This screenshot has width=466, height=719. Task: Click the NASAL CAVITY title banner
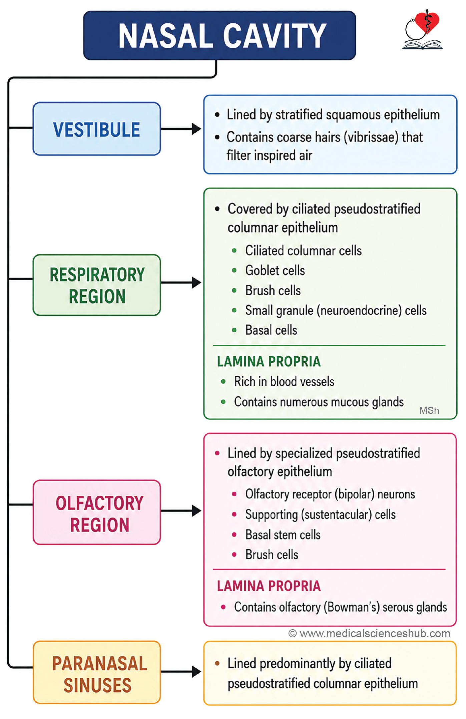coord(219,35)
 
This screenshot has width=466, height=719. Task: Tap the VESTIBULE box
coord(97,129)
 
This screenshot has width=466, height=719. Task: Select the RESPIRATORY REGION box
coord(97,285)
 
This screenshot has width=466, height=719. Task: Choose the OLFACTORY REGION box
coord(97,512)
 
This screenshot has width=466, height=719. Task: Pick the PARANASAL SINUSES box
coord(97,672)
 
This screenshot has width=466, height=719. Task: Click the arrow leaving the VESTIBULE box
coord(181,129)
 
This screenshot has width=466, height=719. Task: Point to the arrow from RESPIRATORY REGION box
coord(181,283)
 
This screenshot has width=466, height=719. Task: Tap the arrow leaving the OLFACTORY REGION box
coord(181,510)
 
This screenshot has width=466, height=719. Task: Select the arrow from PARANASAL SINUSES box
coord(181,672)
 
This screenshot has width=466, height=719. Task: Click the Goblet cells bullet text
coord(275,271)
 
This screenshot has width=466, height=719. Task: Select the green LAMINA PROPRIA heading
coord(269,362)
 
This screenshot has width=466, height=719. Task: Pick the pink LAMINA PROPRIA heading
coord(269,586)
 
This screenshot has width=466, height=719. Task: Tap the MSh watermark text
coord(429,410)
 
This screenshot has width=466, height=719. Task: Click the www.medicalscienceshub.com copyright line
coord(369,634)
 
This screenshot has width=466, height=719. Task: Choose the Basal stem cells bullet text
coord(283,535)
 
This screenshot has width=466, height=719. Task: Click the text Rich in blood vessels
coord(284,382)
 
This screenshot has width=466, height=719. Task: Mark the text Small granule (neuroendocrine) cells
coord(336,311)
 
